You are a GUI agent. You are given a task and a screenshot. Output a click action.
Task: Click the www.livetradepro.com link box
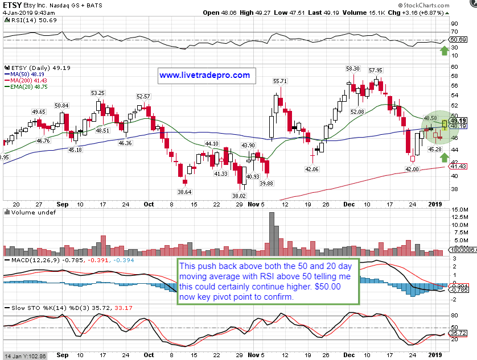204,75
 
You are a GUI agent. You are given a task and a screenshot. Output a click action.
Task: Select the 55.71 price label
279,81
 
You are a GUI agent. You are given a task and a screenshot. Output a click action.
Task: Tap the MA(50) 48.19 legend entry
24,74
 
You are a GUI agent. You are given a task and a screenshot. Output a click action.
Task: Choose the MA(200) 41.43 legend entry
25,81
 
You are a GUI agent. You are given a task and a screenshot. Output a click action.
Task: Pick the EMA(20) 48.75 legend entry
25,88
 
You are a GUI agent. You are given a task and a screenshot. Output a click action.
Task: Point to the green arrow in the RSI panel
444,51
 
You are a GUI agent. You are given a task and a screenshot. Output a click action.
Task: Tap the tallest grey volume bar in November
272,234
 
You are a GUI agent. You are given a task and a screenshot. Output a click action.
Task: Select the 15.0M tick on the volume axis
458,210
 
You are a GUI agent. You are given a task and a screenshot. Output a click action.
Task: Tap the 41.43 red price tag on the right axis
459,167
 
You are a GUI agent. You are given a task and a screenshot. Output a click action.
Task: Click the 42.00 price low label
412,169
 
